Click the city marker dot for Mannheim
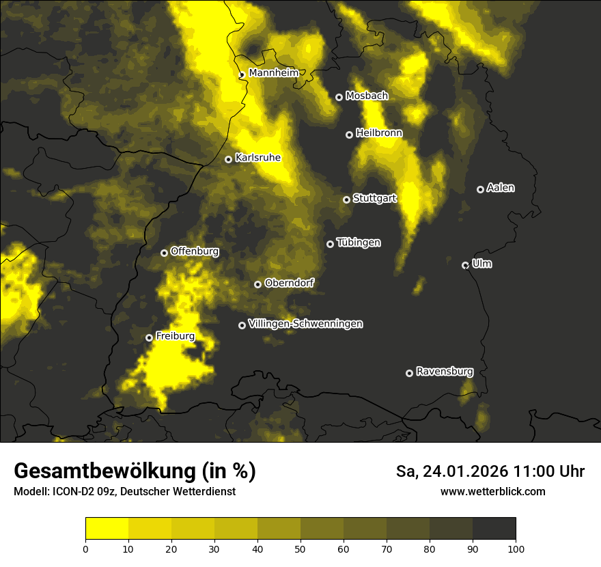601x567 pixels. (x=242, y=75)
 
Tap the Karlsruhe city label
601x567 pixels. (x=257, y=158)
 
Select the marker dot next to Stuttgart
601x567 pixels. (x=346, y=199)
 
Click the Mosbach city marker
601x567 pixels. (x=339, y=97)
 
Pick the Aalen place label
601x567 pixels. (x=501, y=188)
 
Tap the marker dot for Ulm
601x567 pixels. (x=465, y=265)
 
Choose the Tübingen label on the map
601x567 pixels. (x=359, y=243)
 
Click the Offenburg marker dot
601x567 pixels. (x=164, y=253)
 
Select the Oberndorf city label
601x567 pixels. (x=289, y=283)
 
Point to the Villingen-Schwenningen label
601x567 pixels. (x=305, y=324)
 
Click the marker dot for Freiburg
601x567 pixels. (x=149, y=337)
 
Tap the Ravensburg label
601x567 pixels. (x=444, y=372)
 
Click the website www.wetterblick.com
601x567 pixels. (x=492, y=491)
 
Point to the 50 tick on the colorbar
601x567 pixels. (x=300, y=548)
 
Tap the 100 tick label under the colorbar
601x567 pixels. (x=516, y=548)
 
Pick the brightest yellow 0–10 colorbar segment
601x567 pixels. (x=107, y=528)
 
